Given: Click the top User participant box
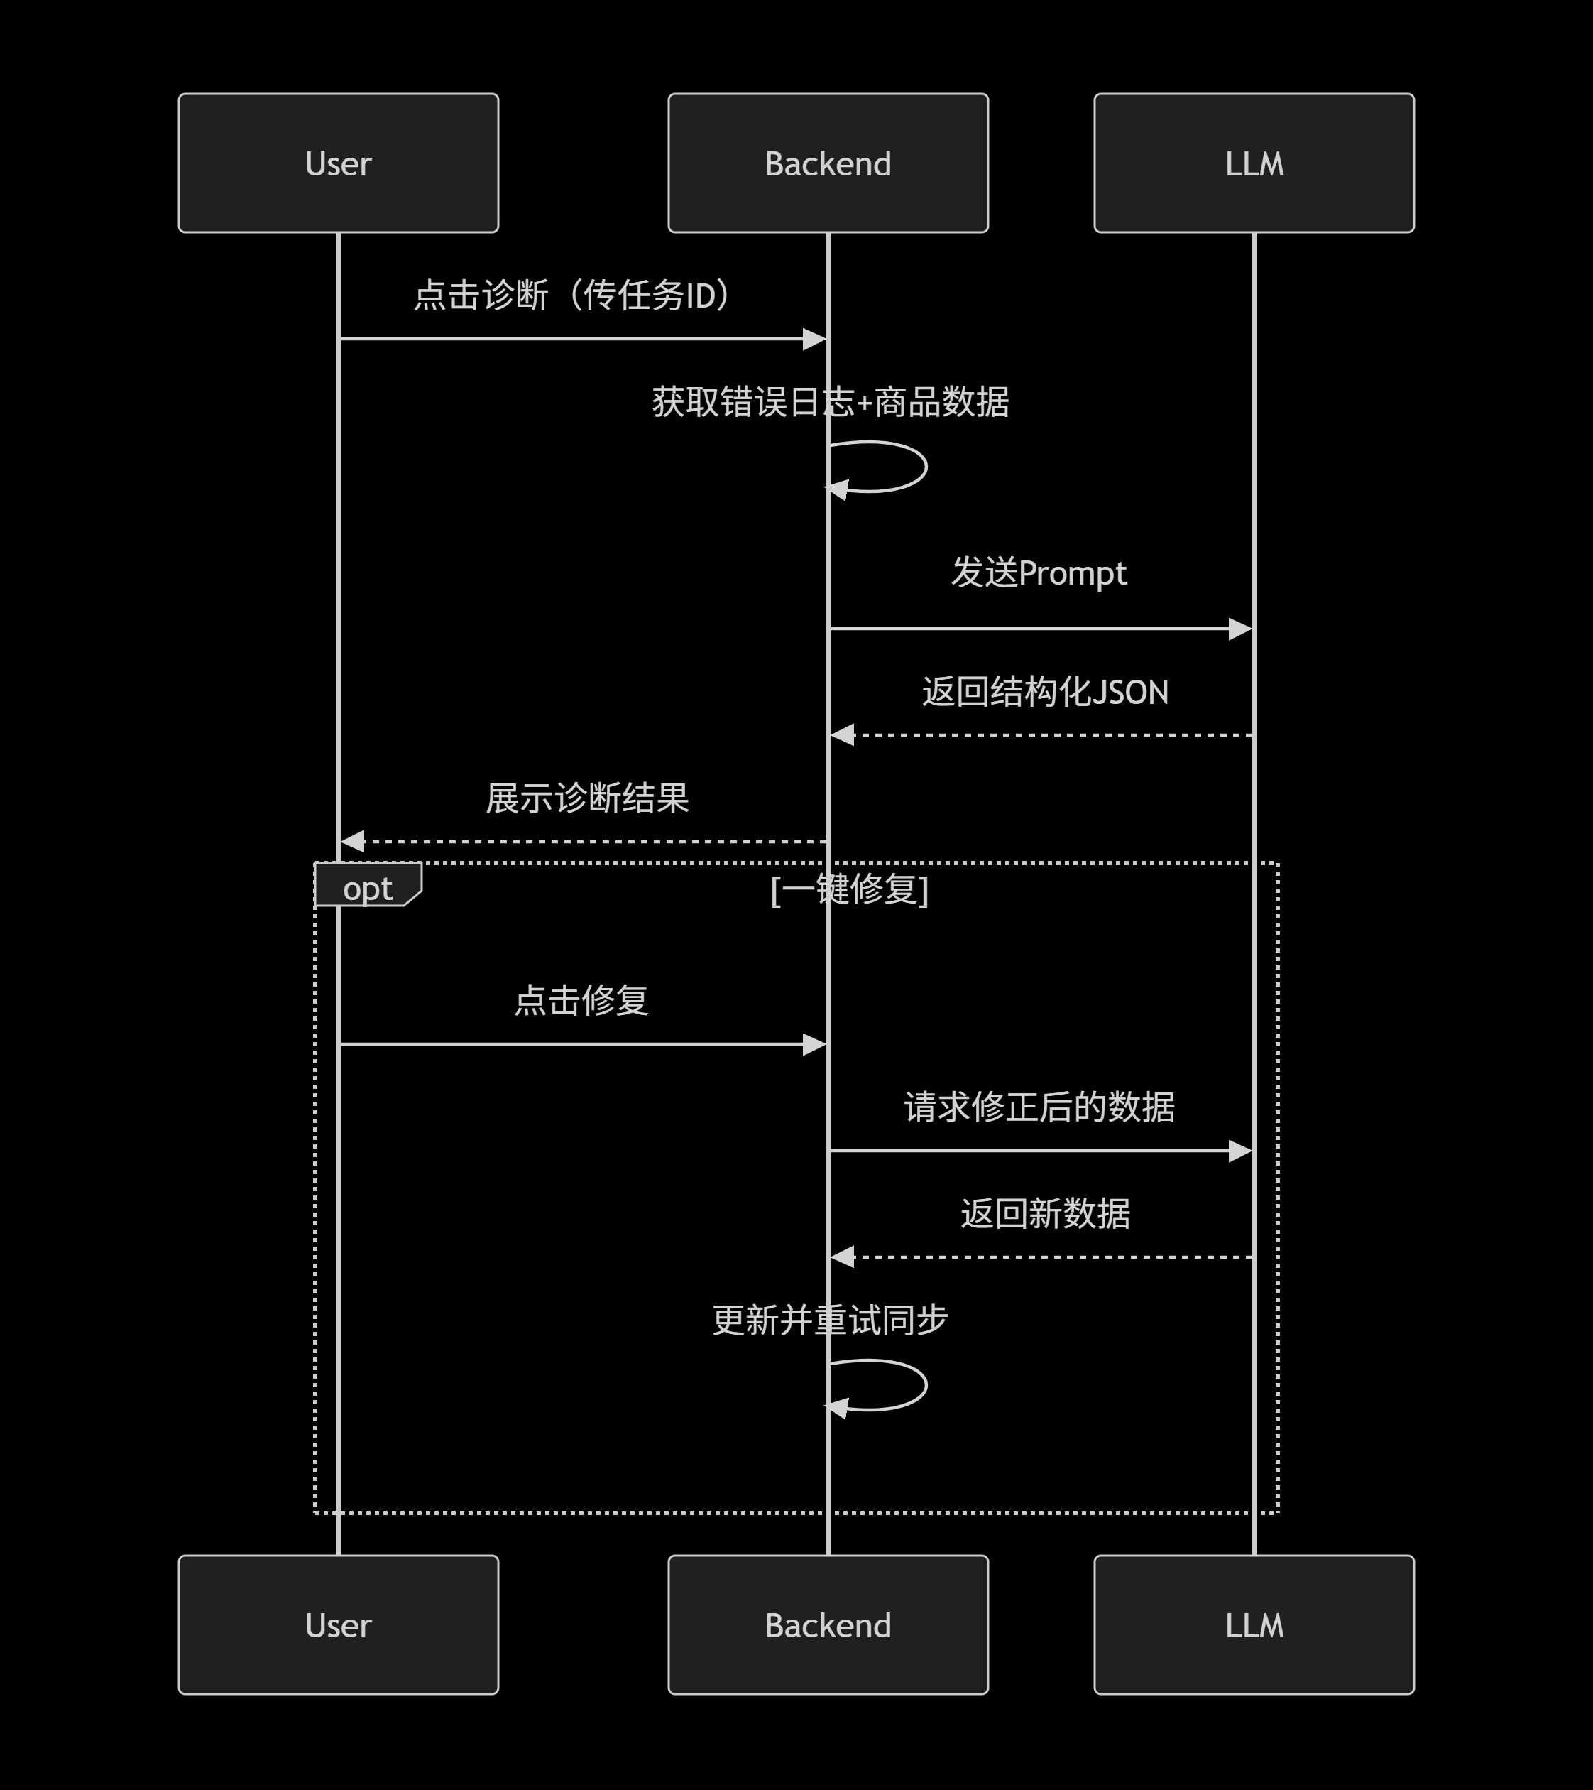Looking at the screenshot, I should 338,163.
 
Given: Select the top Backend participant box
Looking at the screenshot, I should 827,163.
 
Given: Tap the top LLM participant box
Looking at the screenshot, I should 1254,163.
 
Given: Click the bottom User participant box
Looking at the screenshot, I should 338,1624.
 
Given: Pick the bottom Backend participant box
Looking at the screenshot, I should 827,1624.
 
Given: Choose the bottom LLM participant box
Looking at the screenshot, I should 1254,1624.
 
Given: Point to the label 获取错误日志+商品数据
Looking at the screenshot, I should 830,403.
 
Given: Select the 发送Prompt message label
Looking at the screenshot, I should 1039,573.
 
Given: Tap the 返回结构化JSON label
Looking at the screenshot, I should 1045,692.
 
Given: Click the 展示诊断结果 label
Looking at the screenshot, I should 587,798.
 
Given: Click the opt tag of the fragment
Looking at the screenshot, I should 368,887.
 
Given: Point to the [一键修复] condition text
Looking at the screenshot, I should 849,890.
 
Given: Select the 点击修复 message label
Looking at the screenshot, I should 581,1000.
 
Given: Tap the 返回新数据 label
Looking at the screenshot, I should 1045,1214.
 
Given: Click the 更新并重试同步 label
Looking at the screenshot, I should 830,1320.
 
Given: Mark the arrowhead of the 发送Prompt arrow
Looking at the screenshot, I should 1240,629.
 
